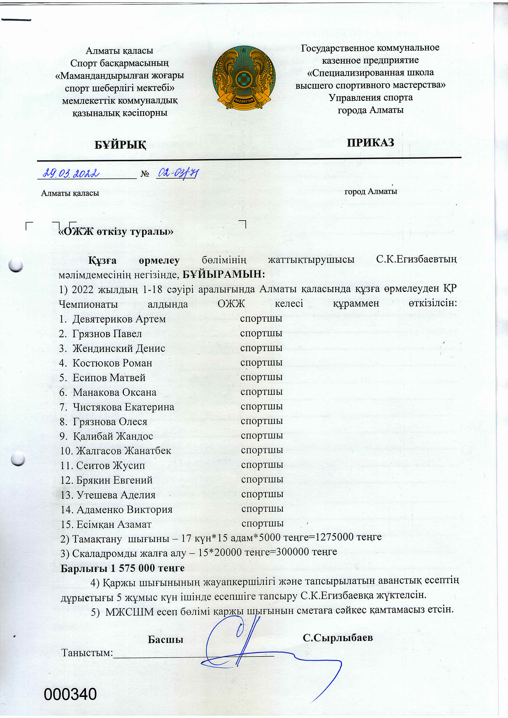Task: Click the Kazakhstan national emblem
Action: (x=244, y=78)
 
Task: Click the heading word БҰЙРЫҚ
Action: (x=120, y=145)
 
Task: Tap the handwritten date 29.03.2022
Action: (x=71, y=173)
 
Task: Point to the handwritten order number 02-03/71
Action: (x=178, y=173)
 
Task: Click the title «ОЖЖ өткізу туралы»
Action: (x=116, y=232)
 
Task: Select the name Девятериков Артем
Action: (x=119, y=319)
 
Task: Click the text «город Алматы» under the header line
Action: (x=371, y=191)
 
